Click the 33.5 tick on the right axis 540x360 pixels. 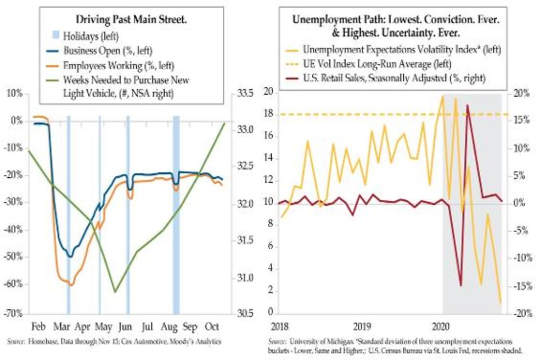coord(243,94)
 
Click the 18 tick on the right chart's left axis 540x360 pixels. coord(269,115)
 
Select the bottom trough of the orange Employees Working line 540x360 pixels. coord(71,284)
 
